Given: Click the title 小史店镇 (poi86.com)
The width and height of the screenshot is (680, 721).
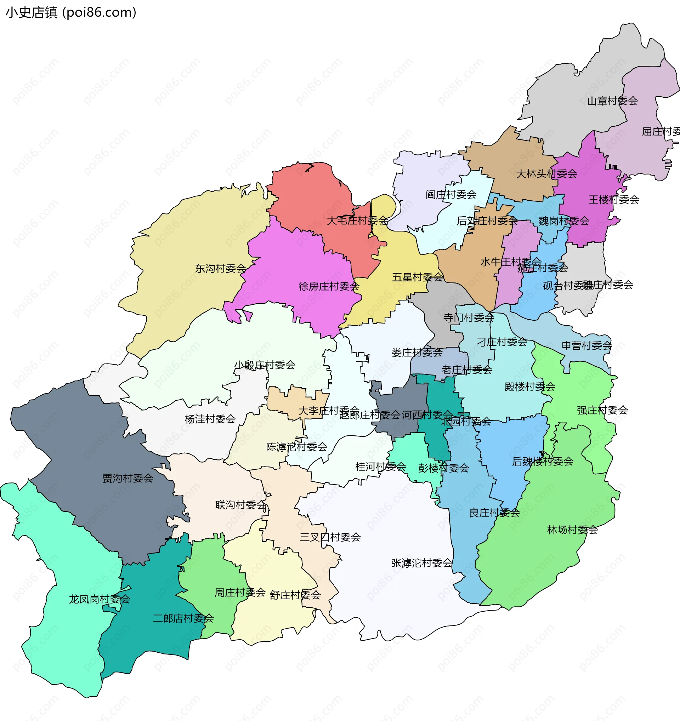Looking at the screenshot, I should click(x=71, y=13).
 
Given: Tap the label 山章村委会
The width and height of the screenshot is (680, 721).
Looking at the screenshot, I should click(x=612, y=101).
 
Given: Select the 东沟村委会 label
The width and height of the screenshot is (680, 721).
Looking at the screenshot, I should click(x=221, y=268).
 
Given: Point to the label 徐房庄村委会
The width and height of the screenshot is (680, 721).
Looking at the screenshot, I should click(x=329, y=286).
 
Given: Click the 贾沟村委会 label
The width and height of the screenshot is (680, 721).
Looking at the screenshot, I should click(x=128, y=479).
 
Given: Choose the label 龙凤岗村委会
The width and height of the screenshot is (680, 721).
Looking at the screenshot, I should click(x=100, y=599).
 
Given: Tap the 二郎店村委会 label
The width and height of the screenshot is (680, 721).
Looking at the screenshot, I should click(x=183, y=618).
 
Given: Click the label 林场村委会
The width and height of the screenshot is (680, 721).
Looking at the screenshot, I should click(x=572, y=530).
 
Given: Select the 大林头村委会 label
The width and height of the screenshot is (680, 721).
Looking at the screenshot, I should click(x=546, y=174).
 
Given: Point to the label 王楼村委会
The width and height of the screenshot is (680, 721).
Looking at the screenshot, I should click(x=614, y=200).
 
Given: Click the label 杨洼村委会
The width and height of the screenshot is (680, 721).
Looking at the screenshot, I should click(x=210, y=419).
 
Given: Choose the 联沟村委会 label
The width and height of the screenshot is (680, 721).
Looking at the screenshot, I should click(x=240, y=505).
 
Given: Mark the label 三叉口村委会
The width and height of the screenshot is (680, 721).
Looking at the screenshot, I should click(x=330, y=537).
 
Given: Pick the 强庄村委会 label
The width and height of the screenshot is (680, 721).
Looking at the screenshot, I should click(x=602, y=410).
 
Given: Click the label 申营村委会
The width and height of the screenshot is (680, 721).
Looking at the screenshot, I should click(x=586, y=345).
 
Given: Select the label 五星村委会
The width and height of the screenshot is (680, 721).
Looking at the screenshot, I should click(x=417, y=277).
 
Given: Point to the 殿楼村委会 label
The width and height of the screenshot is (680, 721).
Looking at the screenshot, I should click(x=530, y=387).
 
